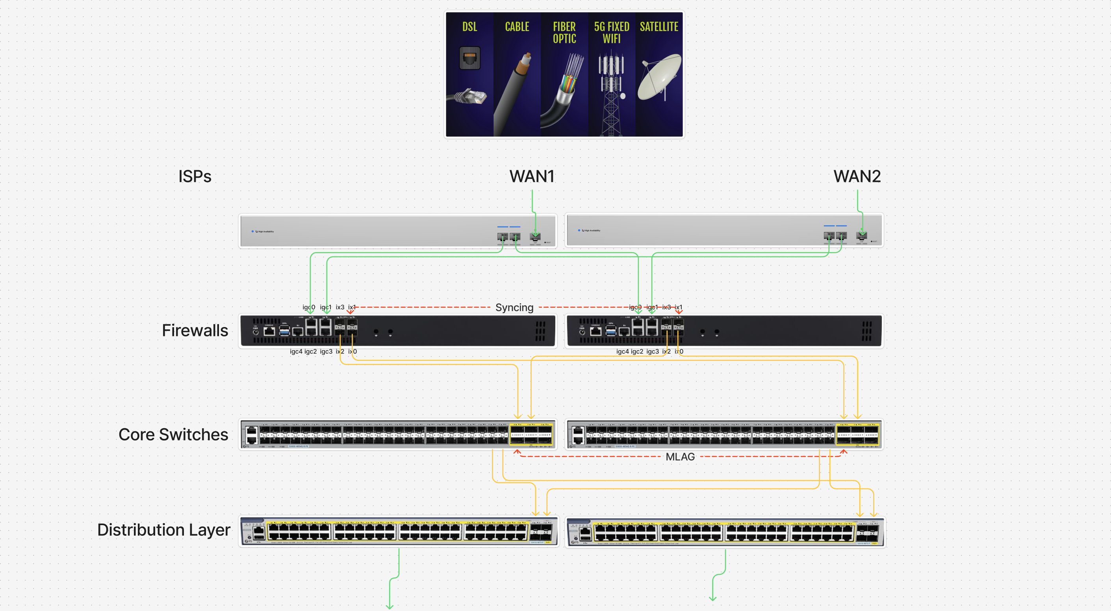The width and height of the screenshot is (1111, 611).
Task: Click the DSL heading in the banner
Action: [470, 27]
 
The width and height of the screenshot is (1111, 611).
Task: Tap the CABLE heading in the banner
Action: [517, 27]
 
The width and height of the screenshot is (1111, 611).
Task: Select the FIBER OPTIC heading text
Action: [564, 33]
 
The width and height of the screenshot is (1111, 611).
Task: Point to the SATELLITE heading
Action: [658, 27]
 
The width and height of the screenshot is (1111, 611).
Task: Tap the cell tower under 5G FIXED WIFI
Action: [611, 95]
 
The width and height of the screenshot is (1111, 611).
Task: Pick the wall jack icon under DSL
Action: [470, 58]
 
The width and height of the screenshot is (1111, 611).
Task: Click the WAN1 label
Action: [532, 176]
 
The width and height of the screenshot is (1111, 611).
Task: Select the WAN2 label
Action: [857, 176]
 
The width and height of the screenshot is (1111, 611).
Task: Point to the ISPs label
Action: [195, 176]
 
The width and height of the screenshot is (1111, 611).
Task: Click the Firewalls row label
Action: [195, 331]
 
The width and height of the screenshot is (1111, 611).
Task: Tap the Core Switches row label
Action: [173, 435]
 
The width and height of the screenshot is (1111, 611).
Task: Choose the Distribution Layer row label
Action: [164, 530]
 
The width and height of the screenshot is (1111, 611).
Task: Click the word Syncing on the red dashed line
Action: [514, 308]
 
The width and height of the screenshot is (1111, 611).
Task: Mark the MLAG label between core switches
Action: [680, 457]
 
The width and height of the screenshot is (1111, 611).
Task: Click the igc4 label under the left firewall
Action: [296, 352]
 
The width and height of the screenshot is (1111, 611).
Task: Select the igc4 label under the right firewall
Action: [622, 352]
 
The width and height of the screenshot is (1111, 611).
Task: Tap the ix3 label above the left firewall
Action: [340, 307]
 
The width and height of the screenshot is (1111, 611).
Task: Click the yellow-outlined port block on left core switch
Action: [531, 434]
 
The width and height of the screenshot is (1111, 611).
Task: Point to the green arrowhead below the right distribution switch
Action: [712, 598]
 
